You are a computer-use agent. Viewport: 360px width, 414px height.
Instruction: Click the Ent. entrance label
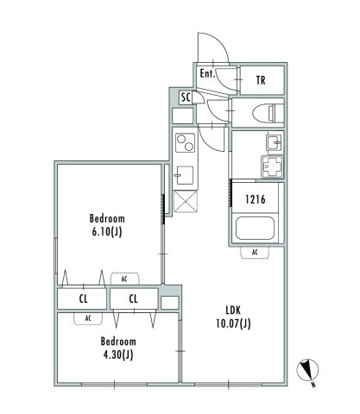tap(207, 73)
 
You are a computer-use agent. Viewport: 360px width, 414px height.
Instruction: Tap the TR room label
tap(261, 80)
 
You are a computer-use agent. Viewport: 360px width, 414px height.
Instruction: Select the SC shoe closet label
tap(186, 97)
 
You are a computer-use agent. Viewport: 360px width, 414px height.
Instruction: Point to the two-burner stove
tap(185, 143)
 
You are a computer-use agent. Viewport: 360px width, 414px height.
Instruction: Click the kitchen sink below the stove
tap(185, 175)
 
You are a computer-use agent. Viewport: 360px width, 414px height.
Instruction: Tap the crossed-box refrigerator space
tap(186, 201)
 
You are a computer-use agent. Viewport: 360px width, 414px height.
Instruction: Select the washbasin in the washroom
tap(274, 142)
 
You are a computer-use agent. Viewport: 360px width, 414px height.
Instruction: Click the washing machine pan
tap(272, 166)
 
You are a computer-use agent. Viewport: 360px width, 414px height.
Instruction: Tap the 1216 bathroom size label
tap(256, 199)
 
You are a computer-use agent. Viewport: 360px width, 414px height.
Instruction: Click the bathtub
tap(255, 229)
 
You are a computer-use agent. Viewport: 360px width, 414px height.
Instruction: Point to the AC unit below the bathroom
tap(255, 253)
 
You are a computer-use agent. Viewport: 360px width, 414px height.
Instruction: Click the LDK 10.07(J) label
tap(233, 317)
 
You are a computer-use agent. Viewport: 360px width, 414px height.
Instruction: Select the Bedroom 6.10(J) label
tap(107, 225)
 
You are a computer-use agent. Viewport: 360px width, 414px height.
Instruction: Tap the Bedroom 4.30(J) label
tap(118, 348)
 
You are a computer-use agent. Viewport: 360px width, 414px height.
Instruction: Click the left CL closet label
tap(84, 299)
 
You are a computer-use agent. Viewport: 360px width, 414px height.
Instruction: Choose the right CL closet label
tap(134, 299)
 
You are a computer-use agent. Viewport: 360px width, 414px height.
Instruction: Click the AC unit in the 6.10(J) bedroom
tap(124, 279)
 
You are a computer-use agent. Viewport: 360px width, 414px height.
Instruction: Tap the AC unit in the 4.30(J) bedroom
tap(88, 318)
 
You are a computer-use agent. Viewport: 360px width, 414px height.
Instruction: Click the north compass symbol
tap(307, 370)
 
